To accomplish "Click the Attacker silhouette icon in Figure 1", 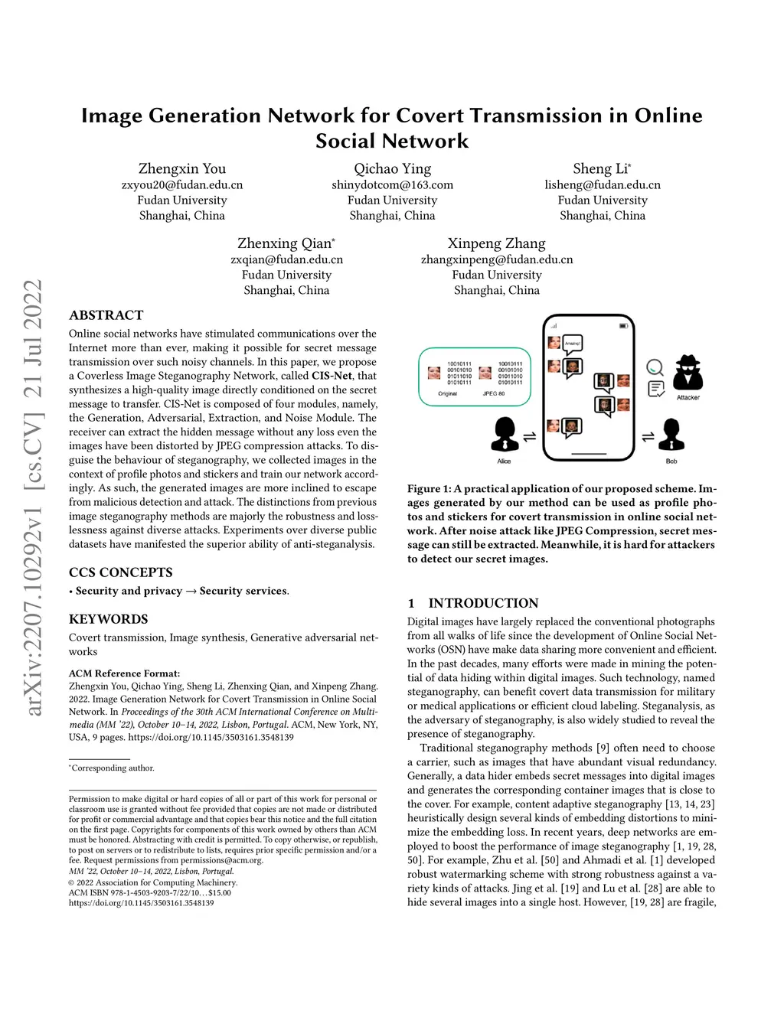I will coord(688,373).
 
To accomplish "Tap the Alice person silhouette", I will coord(504,435).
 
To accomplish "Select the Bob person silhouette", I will coord(671,435).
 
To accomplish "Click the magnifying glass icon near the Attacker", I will coord(655,368).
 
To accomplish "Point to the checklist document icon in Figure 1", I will coord(656,389).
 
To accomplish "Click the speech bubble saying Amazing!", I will coord(572,344).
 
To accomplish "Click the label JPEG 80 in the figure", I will coord(494,393).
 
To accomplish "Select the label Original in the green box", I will coord(447,393).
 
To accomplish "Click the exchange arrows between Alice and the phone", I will coord(529,437).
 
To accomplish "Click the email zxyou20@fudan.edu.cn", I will coord(182,184).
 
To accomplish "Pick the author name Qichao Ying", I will coord(392,168).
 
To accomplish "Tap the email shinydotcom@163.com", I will coord(392,184).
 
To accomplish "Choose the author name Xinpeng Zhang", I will coord(496,243).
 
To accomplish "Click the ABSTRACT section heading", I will coord(106,315).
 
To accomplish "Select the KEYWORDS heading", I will coord(109,619).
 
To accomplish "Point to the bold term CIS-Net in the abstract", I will coord(332,376).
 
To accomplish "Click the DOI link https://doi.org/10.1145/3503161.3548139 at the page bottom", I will coord(141,903).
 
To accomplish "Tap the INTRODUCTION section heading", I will coord(483,603).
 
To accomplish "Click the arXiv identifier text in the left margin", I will coord(33,497).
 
